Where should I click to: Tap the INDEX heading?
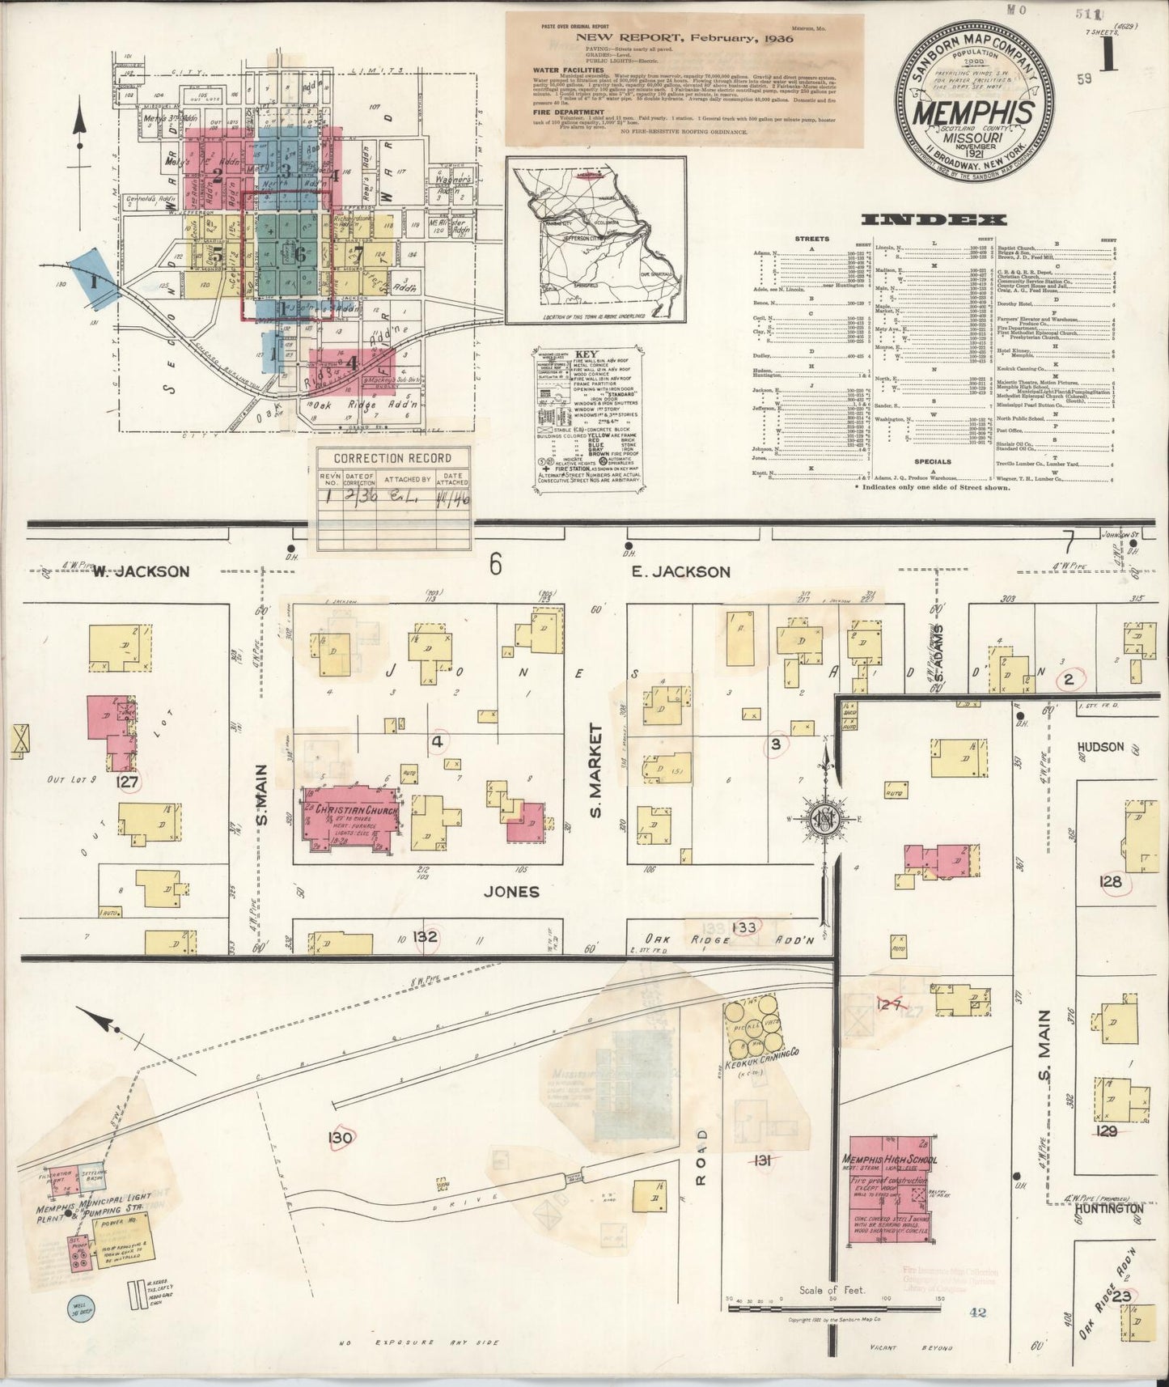point(934,219)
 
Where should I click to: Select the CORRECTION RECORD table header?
point(380,458)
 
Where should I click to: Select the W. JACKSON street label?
point(141,571)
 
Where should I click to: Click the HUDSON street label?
point(1101,746)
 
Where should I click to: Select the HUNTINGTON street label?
point(1109,1208)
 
